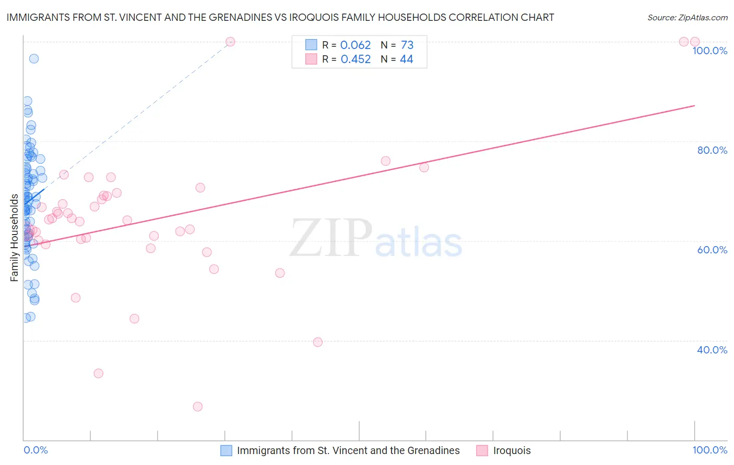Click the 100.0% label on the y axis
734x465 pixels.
(x=709, y=51)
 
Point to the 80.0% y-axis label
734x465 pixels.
(x=712, y=150)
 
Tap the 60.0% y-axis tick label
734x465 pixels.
(x=712, y=250)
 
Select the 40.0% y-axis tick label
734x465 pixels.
(x=712, y=350)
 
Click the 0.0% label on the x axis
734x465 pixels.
(x=35, y=450)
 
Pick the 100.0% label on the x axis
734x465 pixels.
(x=709, y=450)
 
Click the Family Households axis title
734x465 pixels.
(x=15, y=238)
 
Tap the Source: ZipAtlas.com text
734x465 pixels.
(x=687, y=18)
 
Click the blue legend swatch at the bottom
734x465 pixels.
(x=226, y=450)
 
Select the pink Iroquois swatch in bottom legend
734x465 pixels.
(x=482, y=450)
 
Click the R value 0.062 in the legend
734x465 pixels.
(x=356, y=45)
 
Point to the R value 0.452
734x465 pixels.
(x=356, y=59)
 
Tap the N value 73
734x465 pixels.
(x=407, y=45)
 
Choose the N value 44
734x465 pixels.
(x=406, y=59)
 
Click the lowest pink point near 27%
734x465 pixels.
(x=197, y=407)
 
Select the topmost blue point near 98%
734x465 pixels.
(x=34, y=58)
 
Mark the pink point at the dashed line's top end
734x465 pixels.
(x=230, y=42)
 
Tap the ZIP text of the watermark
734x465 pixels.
(x=331, y=239)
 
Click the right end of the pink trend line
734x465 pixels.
(x=694, y=106)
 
